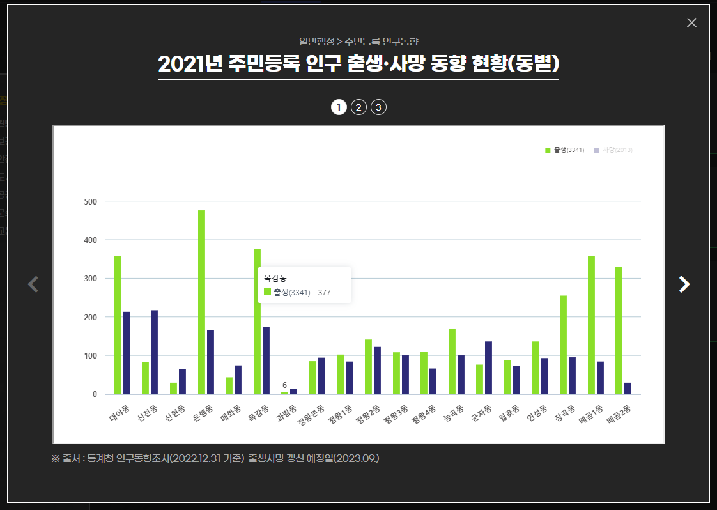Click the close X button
[691, 23]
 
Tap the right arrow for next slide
[684, 284]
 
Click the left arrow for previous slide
[33, 284]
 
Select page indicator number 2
[358, 107]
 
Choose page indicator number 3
[378, 107]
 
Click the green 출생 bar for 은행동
[201, 302]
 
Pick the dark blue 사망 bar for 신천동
[155, 352]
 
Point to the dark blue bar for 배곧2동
[628, 389]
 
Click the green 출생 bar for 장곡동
[563, 344]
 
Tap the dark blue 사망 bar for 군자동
[488, 367]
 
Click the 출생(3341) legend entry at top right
[564, 150]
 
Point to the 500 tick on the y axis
[90, 202]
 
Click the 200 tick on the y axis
[90, 318]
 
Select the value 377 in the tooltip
[324, 293]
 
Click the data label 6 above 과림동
[284, 385]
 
